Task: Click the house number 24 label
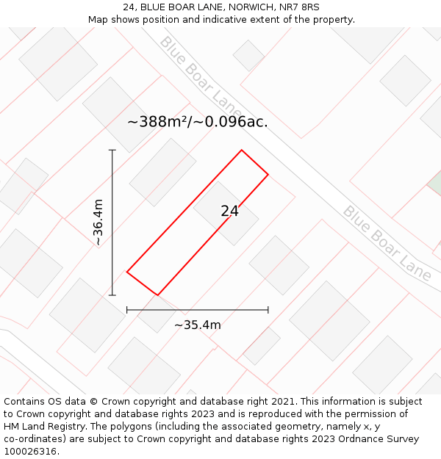pos(229,212)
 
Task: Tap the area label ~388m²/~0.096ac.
pos(197,122)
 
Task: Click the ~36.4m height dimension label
pos(98,223)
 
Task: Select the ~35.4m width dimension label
pos(197,325)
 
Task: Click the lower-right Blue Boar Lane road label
pos(387,242)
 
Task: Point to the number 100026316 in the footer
pos(30,452)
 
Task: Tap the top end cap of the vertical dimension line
pos(112,151)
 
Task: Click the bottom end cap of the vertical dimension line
pos(112,295)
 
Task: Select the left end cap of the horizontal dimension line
pos(127,310)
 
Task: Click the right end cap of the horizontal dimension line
pos(268,310)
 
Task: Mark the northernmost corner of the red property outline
pos(241,151)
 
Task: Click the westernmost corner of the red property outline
pos(127,272)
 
